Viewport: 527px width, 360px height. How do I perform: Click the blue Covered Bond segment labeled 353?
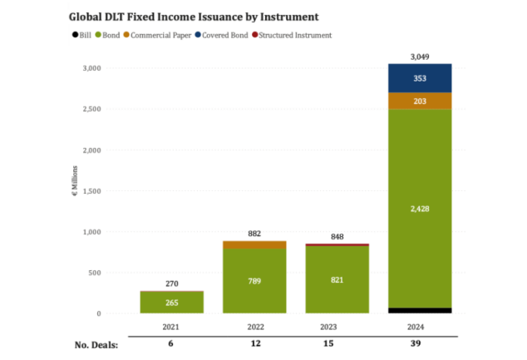click(420, 78)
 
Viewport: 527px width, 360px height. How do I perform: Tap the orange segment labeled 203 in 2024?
click(420, 101)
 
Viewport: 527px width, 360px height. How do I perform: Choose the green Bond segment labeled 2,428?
click(420, 208)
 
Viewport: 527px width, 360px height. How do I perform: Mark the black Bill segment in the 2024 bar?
click(420, 310)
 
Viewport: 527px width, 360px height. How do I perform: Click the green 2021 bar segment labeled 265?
click(171, 303)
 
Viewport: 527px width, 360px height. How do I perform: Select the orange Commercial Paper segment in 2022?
click(254, 244)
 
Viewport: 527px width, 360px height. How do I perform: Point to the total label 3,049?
click(420, 56)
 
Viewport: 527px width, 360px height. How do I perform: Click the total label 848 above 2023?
click(336, 235)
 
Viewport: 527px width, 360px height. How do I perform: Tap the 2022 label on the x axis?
click(254, 326)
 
